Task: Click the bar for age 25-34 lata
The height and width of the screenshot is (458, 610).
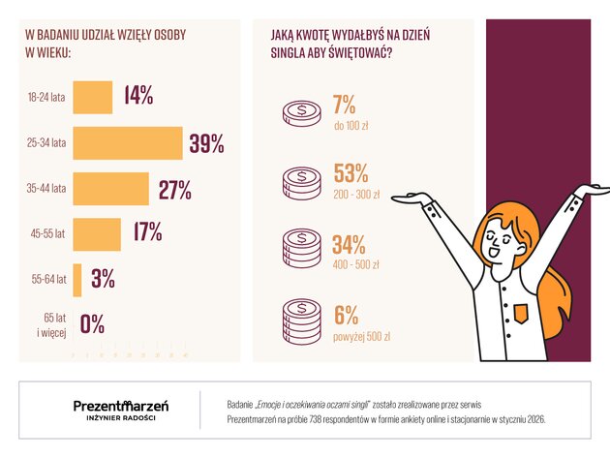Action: click(x=128, y=143)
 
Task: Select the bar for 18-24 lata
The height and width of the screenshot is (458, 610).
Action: click(x=93, y=97)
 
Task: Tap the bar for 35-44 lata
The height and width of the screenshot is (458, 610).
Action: click(x=111, y=189)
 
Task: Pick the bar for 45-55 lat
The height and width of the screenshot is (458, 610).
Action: click(x=97, y=234)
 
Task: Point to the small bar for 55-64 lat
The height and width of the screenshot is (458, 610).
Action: click(x=77, y=279)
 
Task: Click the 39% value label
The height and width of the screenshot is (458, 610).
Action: click(x=206, y=143)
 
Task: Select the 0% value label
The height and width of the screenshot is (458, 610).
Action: click(x=92, y=324)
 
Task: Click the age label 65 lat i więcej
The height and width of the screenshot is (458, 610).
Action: click(x=49, y=324)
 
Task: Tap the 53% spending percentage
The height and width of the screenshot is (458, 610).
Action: click(x=351, y=173)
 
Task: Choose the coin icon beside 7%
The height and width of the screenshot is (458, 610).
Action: click(x=301, y=111)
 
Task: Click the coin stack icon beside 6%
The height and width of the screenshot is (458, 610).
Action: click(x=301, y=320)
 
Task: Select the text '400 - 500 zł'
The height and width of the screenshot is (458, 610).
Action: click(x=356, y=263)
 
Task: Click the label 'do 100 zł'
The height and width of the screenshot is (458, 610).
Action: click(x=352, y=125)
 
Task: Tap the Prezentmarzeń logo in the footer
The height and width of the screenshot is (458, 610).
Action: click(x=121, y=404)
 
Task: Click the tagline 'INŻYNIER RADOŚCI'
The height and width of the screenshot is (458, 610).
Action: click(x=121, y=418)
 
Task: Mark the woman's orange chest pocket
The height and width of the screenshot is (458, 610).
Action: click(x=522, y=312)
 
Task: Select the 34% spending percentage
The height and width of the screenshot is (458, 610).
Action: click(x=351, y=245)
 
